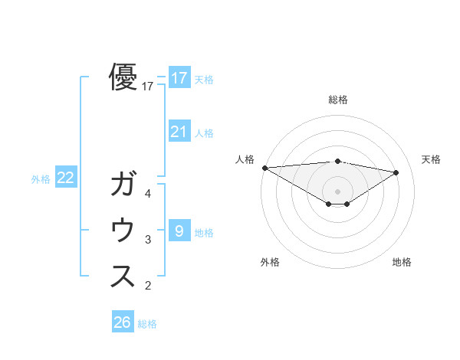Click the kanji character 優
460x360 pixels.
[x=123, y=77]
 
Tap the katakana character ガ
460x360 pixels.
[x=123, y=185]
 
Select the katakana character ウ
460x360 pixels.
[x=123, y=231]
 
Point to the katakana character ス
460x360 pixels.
[x=123, y=277]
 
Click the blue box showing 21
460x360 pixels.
[x=179, y=132]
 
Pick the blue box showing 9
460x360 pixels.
[x=179, y=231]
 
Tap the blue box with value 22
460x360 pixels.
[x=66, y=178]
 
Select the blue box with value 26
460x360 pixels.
[x=123, y=322]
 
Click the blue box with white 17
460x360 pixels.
[x=179, y=77]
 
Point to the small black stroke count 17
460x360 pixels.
[x=148, y=87]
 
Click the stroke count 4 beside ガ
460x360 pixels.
[x=148, y=194]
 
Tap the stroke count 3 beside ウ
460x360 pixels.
[x=148, y=240]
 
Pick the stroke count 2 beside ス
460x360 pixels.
[x=148, y=286]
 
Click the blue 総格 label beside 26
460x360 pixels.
[x=148, y=324]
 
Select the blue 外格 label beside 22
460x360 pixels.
[x=41, y=179]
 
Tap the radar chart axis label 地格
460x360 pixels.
[x=402, y=262]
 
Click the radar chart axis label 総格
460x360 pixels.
[x=337, y=100]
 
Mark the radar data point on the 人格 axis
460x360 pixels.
[x=264, y=168]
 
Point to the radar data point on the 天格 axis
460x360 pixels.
[x=396, y=172]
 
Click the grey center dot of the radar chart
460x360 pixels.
[x=337, y=190]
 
